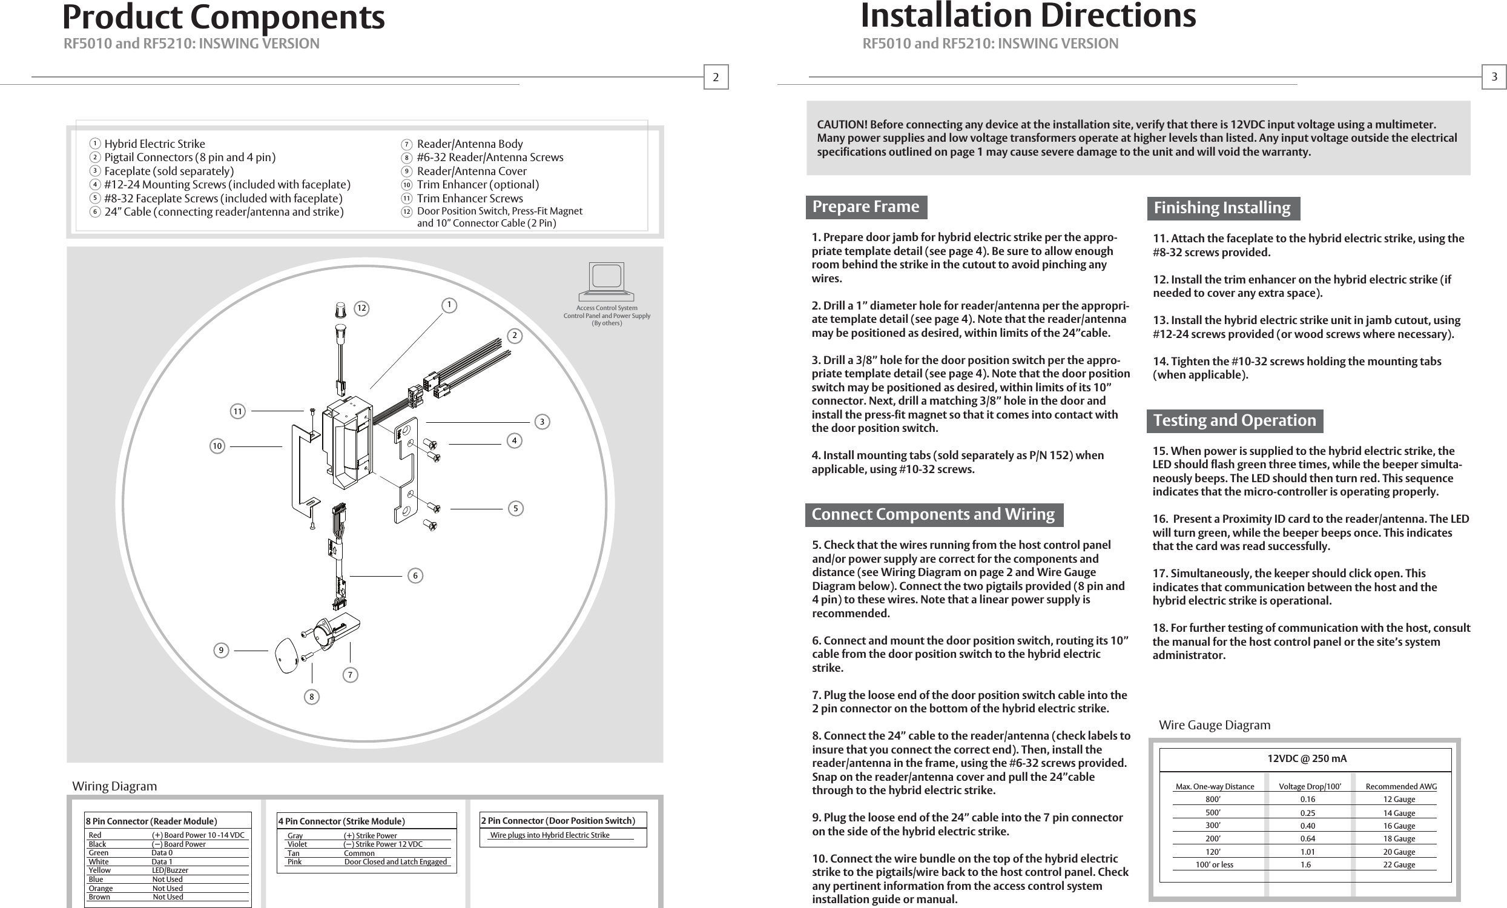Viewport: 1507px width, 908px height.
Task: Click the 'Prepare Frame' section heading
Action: (865, 207)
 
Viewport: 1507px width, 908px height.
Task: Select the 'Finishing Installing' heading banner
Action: (1222, 208)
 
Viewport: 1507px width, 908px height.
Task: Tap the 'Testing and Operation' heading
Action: (1234, 420)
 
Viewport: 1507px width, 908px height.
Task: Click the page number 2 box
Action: (716, 77)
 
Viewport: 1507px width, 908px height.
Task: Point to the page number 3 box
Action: (1494, 77)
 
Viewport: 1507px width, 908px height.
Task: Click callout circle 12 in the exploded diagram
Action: (362, 308)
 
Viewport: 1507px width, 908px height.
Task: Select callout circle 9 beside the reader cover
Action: (221, 651)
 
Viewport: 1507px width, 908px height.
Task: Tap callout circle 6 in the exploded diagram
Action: (415, 576)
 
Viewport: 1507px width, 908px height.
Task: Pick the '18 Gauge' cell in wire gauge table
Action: (1399, 838)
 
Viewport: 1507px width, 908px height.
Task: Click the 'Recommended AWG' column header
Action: (1401, 786)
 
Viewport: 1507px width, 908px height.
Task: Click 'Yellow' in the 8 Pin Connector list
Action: (100, 870)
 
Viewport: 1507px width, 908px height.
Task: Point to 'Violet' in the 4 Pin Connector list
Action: (297, 844)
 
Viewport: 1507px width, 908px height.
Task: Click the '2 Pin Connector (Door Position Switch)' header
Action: (558, 821)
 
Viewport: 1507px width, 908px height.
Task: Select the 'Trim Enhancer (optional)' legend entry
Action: (478, 185)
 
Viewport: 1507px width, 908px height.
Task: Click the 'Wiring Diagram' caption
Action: (114, 786)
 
